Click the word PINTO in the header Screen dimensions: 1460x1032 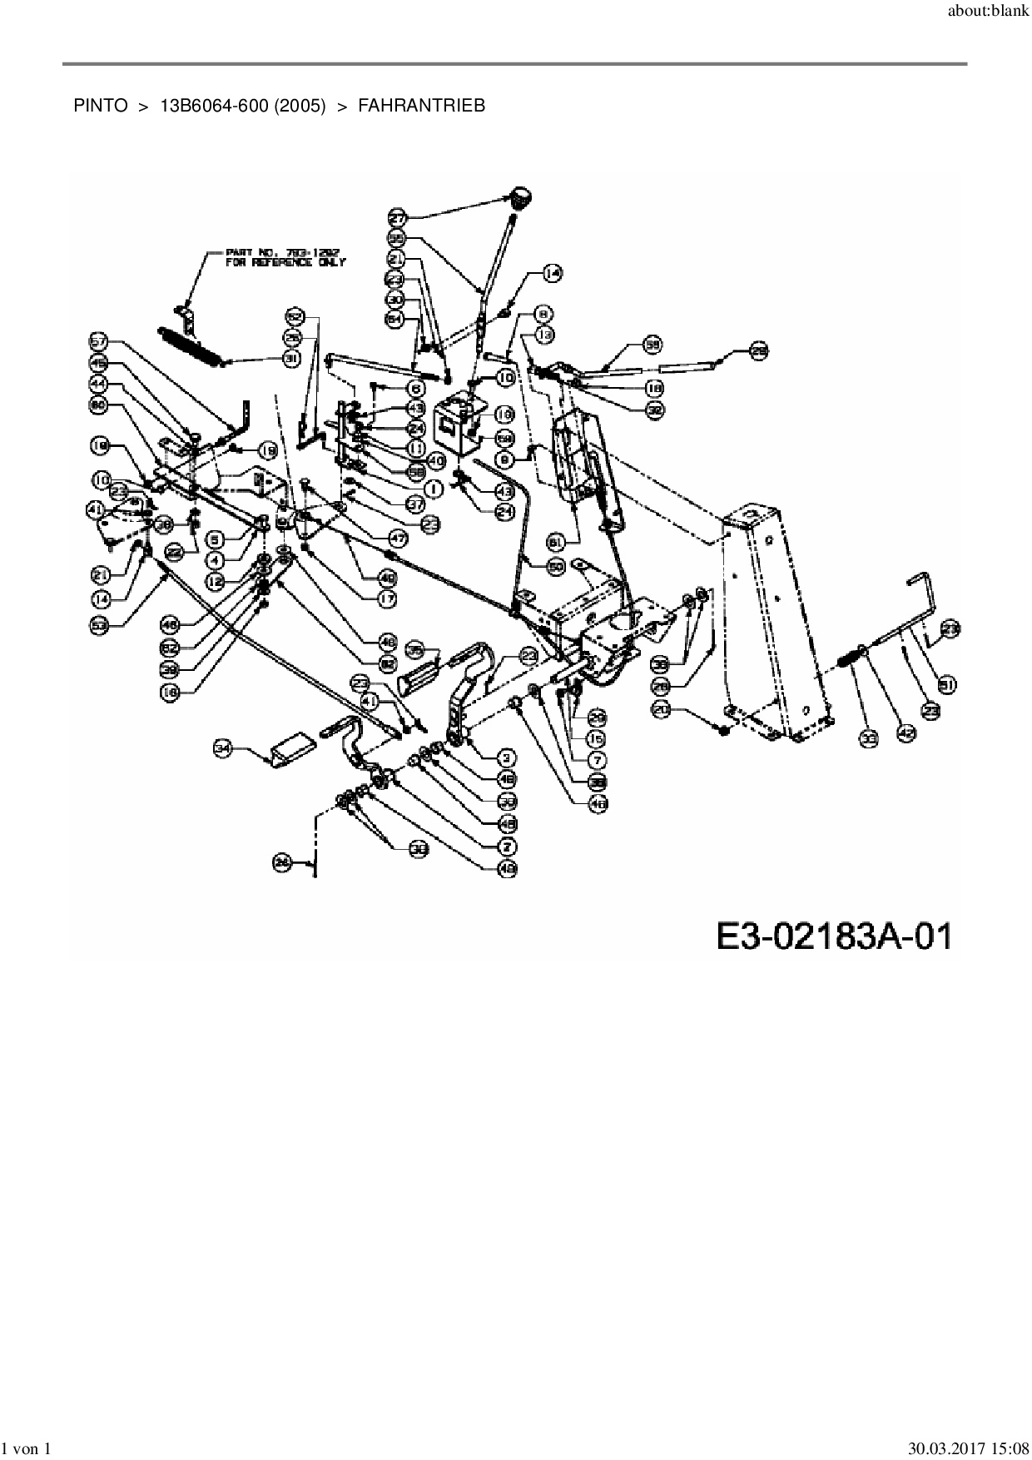click(x=101, y=106)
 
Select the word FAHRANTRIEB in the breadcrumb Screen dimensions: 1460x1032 click(x=421, y=106)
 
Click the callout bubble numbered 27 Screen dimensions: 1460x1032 click(x=397, y=218)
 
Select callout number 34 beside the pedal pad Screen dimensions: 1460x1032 click(x=222, y=749)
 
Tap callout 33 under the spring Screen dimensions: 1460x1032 click(x=869, y=737)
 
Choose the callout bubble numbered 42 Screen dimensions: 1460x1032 click(x=906, y=733)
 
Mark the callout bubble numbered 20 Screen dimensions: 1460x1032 click(x=662, y=709)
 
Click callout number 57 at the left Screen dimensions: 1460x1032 click(x=99, y=340)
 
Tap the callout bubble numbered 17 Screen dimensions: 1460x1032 click(x=387, y=598)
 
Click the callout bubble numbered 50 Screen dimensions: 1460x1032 click(x=556, y=565)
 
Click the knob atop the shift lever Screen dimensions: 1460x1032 click(x=521, y=199)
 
